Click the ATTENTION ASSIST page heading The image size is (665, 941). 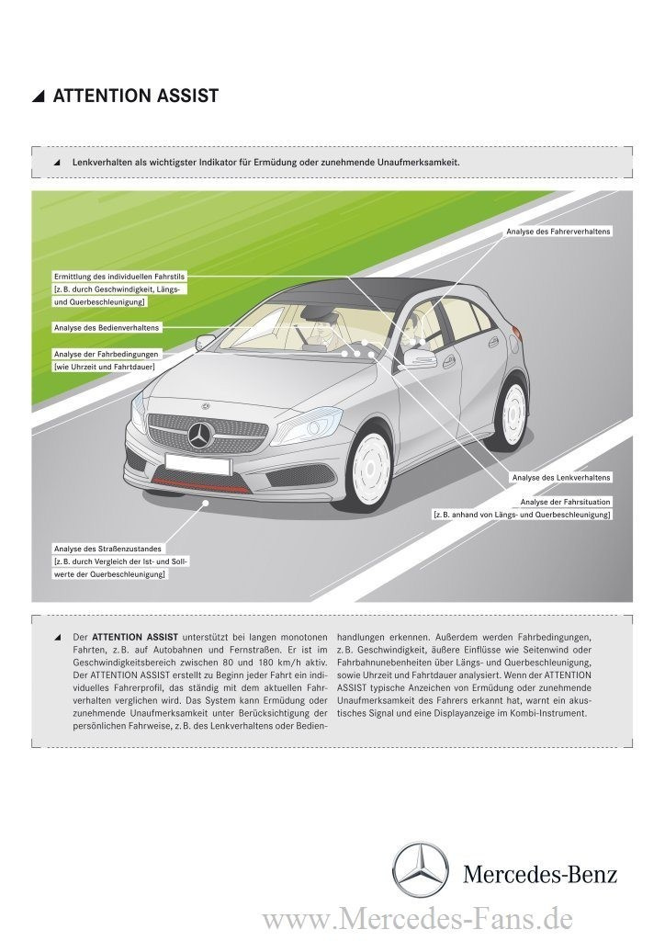point(135,96)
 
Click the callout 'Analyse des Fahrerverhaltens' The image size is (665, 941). point(558,232)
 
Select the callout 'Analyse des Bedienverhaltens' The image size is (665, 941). point(107,327)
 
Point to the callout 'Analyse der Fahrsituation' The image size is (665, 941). point(565,502)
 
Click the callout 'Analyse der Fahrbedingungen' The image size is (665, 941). point(107,354)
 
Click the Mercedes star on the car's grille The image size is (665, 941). point(199,436)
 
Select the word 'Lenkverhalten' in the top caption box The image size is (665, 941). point(99,162)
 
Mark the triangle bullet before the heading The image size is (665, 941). point(38,96)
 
